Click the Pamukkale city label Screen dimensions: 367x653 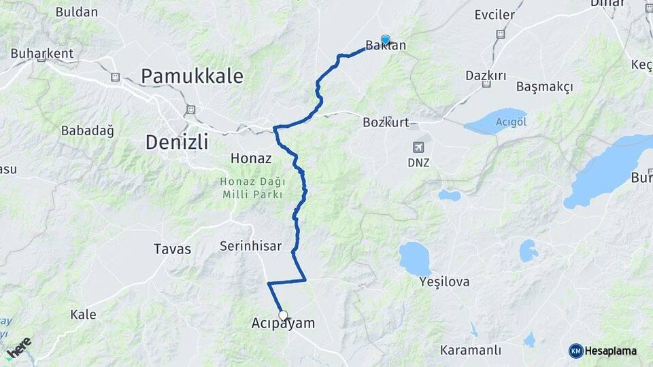coord(192,76)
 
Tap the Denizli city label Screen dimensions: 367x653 coord(176,143)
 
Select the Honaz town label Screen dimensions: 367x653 coord(251,158)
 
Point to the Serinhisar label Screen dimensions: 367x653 coord(250,246)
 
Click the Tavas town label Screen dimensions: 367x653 coord(173,248)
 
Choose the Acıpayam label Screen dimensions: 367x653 coord(283,324)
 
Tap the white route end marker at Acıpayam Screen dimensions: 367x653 coord(283,315)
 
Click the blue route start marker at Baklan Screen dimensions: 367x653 coord(386,39)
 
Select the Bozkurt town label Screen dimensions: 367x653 coord(386,122)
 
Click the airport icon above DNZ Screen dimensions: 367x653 coord(419,146)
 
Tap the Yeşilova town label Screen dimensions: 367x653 coord(445,281)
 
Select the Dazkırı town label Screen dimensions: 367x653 coord(486,75)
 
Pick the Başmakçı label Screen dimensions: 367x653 coord(544,87)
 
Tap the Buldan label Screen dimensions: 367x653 coord(77,12)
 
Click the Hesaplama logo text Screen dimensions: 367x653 coord(610,351)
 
